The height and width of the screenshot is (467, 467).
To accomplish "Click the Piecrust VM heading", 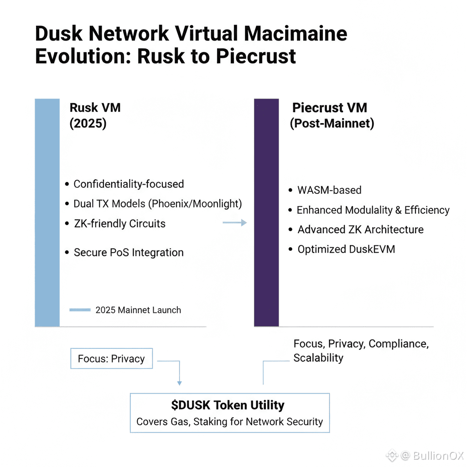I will pos(329,108).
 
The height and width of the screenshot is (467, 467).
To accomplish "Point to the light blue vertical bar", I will pos(47,213).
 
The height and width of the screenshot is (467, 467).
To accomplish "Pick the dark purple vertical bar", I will pos(266,213).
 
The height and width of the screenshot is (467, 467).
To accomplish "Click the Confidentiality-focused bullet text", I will pos(129,184).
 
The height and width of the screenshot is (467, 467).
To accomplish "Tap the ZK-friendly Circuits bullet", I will pos(119,224).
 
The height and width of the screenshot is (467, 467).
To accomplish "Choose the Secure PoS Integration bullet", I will pos(129,253).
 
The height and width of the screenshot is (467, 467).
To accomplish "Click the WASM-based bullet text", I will pos(329,190).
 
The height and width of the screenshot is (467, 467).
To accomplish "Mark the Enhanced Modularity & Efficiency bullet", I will pos(373,210).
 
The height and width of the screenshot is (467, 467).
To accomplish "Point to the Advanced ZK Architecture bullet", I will pos(360,230).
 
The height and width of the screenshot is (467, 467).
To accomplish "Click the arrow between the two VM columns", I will pos(234,223).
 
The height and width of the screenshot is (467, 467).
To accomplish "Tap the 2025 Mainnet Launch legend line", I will pos(80,310).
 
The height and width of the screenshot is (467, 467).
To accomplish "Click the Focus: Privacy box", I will pos(111,359).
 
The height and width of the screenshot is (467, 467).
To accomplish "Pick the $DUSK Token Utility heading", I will pos(228,405).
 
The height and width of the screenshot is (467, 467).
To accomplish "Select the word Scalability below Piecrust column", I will pos(318,358).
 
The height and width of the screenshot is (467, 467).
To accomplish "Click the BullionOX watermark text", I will pos(438,456).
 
